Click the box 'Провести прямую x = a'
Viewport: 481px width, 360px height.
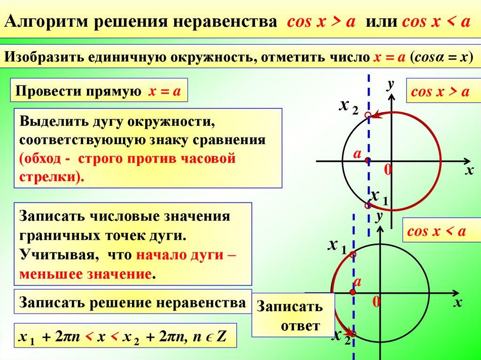[99, 91]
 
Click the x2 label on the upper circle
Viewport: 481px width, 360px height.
[349, 107]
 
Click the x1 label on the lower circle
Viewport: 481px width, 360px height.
[337, 246]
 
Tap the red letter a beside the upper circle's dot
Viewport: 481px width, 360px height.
[357, 154]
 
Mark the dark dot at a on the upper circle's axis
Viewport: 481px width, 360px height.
[368, 161]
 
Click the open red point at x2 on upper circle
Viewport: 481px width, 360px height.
[368, 115]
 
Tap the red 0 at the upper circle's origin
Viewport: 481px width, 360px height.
[388, 169]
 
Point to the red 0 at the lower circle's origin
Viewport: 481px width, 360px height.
[376, 302]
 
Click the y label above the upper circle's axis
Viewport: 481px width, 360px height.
[390, 84]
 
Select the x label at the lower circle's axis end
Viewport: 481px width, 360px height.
[458, 303]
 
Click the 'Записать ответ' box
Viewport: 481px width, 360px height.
[293, 315]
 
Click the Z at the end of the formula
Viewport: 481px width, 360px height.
[221, 337]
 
